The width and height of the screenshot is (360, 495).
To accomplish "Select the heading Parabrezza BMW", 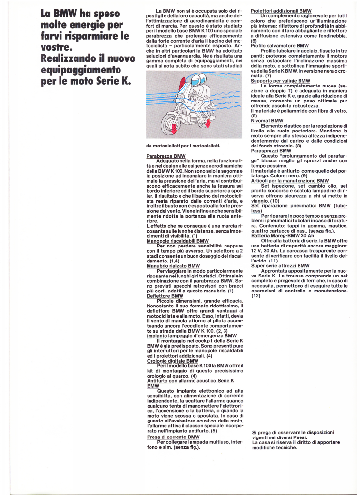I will click(166, 156).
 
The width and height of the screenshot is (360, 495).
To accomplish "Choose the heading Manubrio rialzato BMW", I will click(173, 266).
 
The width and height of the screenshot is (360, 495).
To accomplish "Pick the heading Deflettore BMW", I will click(163, 296).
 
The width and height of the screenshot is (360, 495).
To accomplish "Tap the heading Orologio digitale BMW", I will click(172, 361).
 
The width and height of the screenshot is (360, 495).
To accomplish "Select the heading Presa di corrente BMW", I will click(173, 437).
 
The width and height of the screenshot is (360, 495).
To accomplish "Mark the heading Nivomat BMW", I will click(267, 121).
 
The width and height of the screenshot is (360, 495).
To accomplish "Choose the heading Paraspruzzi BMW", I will click(271, 151).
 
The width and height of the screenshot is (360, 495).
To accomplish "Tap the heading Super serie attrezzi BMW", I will click(280, 266).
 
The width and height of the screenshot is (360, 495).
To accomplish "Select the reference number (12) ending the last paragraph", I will click(256, 295).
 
